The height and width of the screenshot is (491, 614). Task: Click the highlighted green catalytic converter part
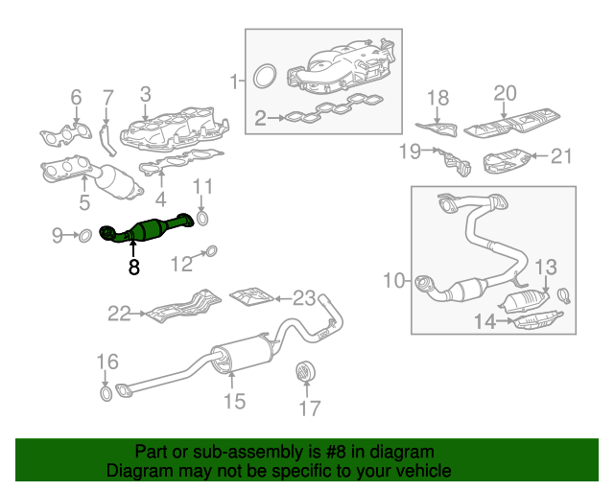[153, 231]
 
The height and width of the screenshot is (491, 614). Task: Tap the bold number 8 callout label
[133, 269]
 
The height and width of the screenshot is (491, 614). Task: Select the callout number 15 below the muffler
[235, 401]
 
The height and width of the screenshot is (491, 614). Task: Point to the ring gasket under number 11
[201, 221]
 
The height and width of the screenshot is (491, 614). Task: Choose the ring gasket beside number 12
[212, 252]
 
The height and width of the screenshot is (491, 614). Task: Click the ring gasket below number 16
[104, 393]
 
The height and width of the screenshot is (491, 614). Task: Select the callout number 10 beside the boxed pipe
[393, 280]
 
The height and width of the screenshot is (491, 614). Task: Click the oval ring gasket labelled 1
[268, 74]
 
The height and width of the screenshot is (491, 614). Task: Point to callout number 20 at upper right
[505, 93]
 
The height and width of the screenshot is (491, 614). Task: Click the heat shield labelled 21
[506, 160]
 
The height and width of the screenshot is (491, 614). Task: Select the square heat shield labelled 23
[251, 294]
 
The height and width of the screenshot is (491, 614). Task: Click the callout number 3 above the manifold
[145, 93]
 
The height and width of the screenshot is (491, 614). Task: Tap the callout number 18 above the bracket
[437, 97]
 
